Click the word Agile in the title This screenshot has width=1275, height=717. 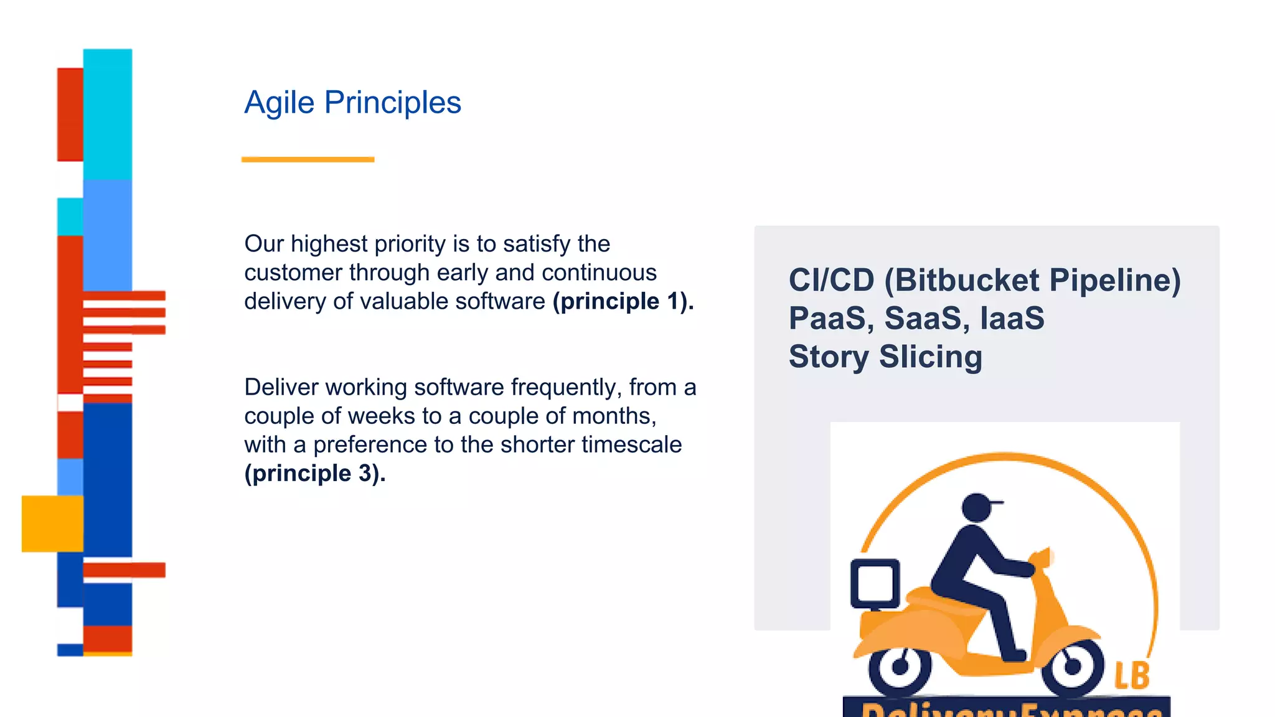tap(279, 103)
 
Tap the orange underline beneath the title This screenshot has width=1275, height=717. tap(308, 159)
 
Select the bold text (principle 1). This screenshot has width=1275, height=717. tap(623, 301)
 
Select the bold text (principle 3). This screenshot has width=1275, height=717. tap(315, 473)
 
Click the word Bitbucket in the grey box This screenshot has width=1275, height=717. tap(968, 280)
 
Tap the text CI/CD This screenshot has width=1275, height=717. tap(831, 280)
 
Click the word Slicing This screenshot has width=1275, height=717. tap(930, 357)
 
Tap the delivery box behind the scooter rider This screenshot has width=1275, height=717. tap(875, 583)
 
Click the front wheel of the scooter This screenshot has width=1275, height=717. tap(1072, 667)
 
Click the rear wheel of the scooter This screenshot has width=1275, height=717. tap(900, 667)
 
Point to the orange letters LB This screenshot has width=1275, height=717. tap(1131, 676)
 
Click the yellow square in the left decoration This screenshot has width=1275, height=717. tap(52, 523)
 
